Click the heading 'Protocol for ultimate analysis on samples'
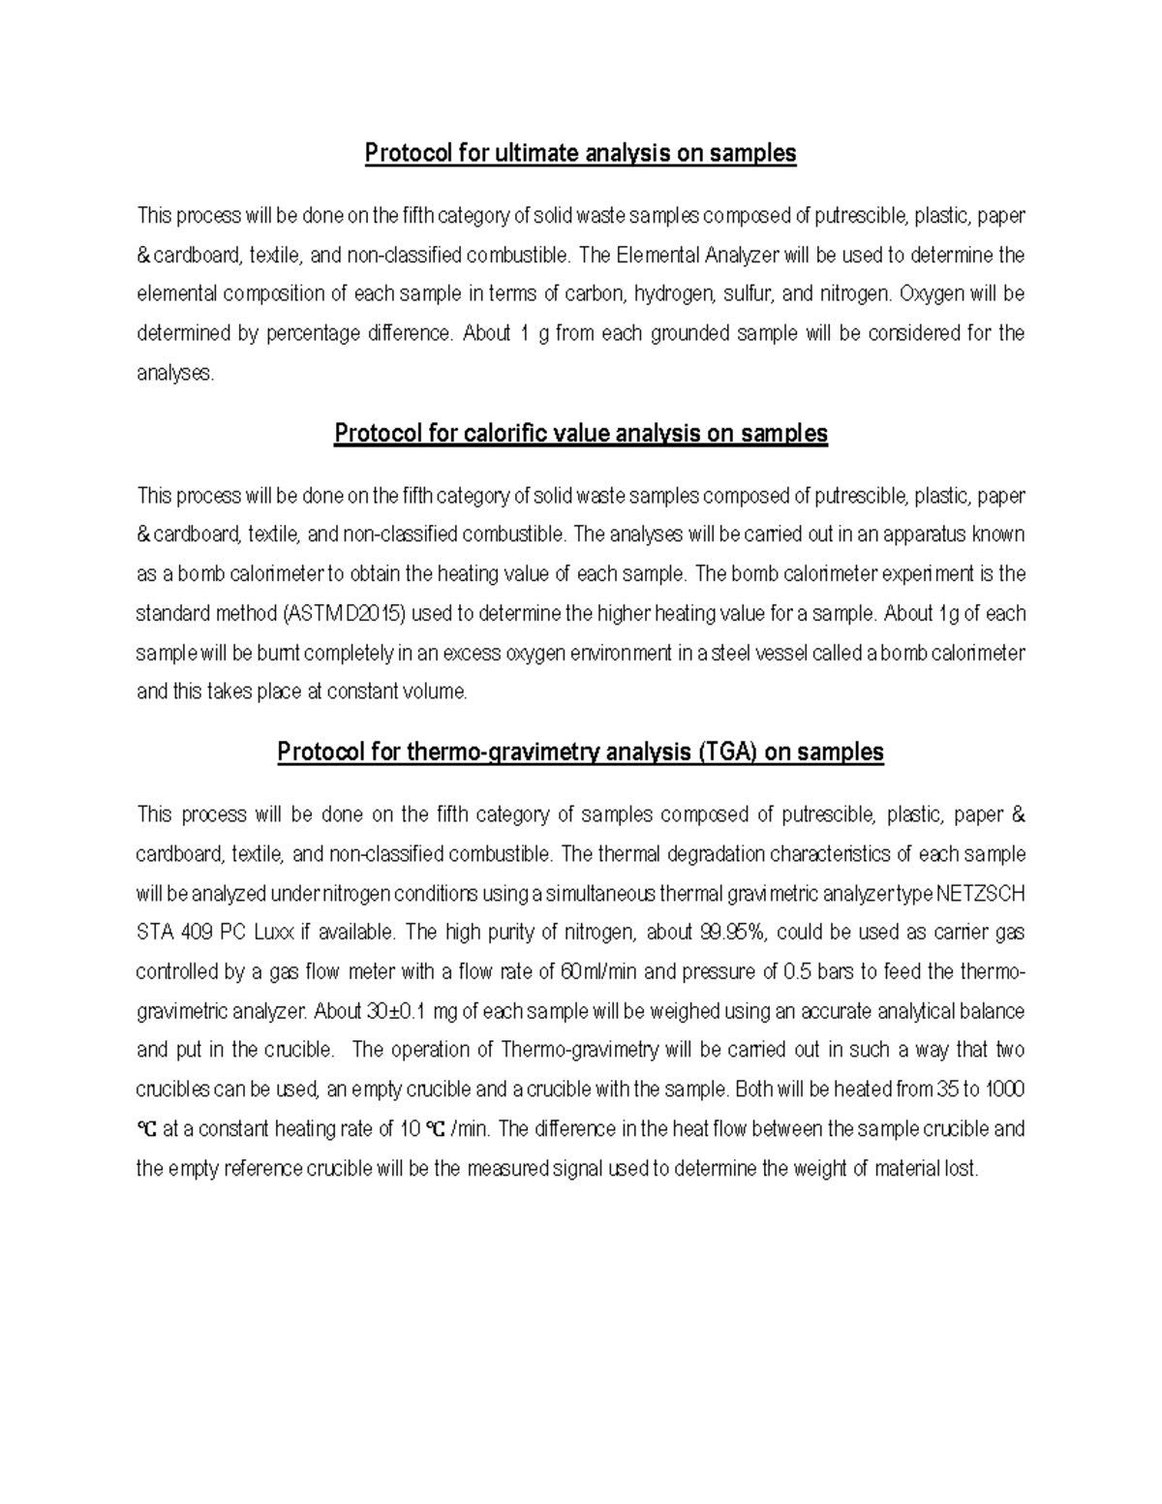coord(580,153)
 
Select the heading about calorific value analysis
coord(580,433)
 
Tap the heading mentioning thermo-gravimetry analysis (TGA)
coord(580,752)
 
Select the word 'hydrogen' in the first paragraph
coord(674,294)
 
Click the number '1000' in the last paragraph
coord(1004,1090)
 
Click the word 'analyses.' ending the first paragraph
coord(175,374)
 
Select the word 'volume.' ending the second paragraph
coord(433,692)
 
